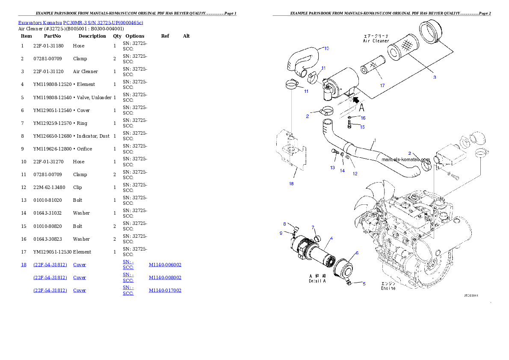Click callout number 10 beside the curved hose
pyautogui.click(x=326, y=48)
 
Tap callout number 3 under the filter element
pyautogui.click(x=434, y=77)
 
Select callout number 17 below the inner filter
pyautogui.click(x=382, y=86)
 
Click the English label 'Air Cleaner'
pyautogui.click(x=376, y=41)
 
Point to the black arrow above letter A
pyautogui.click(x=355, y=100)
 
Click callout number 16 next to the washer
pyautogui.click(x=363, y=118)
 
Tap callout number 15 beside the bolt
pyautogui.click(x=362, y=127)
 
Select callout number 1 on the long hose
pyautogui.click(x=375, y=140)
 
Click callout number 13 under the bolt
pyautogui.click(x=332, y=168)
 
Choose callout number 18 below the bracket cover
pyautogui.click(x=291, y=184)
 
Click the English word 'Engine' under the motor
pyautogui.click(x=388, y=288)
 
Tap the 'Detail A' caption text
pyautogui.click(x=317, y=281)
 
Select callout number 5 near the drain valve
pyautogui.click(x=364, y=283)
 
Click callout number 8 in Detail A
pyautogui.click(x=284, y=224)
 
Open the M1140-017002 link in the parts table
pyautogui.click(x=165, y=290)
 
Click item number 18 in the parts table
pyautogui.click(x=24, y=265)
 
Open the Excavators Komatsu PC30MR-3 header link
pyautogui.click(x=80, y=23)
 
